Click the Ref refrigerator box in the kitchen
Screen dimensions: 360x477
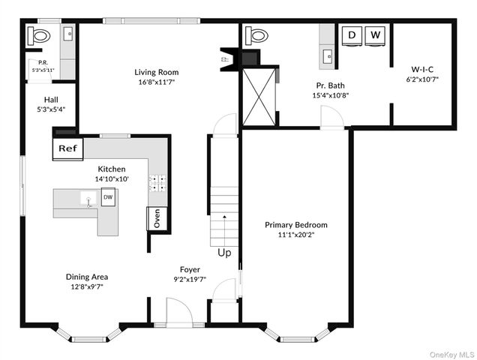(x=67, y=148)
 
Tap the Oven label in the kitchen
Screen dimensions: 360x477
(x=157, y=217)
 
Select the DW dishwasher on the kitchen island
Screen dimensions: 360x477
(x=108, y=197)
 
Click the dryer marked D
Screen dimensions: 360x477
(x=352, y=35)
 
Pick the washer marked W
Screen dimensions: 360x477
(x=375, y=35)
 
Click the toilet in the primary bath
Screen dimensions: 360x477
(x=256, y=35)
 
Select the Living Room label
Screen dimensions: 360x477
(x=156, y=73)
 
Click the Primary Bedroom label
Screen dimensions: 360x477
(x=295, y=225)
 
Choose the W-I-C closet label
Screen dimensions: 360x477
(x=421, y=68)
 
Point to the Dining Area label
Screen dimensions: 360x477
(x=88, y=276)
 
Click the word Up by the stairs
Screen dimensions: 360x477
(x=224, y=253)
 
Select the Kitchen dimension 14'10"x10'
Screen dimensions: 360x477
(x=112, y=180)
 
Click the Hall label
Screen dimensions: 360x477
(x=51, y=99)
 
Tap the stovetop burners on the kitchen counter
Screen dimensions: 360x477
(x=157, y=183)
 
